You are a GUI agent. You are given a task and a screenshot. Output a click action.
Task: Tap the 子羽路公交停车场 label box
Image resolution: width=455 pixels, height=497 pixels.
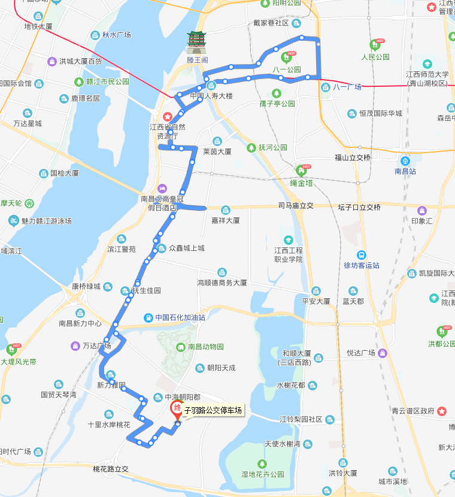click(x=214, y=410)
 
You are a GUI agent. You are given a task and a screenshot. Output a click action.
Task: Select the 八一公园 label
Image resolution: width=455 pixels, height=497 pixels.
click(x=286, y=69)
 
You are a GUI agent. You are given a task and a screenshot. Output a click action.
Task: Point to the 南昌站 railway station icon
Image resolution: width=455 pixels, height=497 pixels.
click(x=405, y=160)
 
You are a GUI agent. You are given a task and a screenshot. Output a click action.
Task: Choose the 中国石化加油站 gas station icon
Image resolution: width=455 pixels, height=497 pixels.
click(x=148, y=317)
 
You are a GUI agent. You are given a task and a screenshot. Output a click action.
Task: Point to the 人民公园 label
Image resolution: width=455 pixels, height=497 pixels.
click(x=375, y=57)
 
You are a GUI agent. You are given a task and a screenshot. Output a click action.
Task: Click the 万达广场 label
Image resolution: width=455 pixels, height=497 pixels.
click(x=96, y=346)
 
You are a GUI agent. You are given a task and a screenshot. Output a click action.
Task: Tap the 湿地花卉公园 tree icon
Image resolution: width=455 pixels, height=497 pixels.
click(x=261, y=463)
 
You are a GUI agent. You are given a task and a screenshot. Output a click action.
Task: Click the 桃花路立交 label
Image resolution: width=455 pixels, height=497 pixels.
click(x=111, y=469)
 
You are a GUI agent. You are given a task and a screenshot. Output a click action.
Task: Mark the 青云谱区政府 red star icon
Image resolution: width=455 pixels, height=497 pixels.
click(x=442, y=411)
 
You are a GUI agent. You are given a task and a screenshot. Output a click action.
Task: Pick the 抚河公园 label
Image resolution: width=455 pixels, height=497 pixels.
click(x=273, y=147)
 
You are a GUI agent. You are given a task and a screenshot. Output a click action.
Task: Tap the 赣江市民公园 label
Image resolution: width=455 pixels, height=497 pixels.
click(x=107, y=82)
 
